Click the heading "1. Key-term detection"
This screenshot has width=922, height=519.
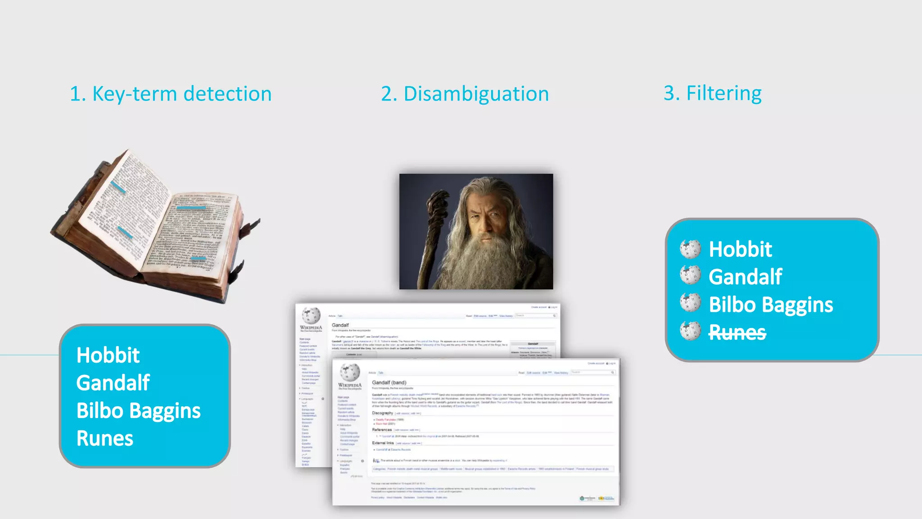pyautogui.click(x=171, y=94)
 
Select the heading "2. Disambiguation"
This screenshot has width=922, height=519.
pyautogui.click(x=465, y=94)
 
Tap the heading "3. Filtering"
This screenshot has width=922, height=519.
pyautogui.click(x=712, y=93)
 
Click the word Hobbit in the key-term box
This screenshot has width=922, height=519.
pyautogui.click(x=108, y=355)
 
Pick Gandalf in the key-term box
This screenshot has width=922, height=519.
pyautogui.click(x=113, y=383)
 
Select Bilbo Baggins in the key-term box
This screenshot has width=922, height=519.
pyautogui.click(x=139, y=411)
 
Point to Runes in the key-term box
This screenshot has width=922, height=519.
pyautogui.click(x=105, y=438)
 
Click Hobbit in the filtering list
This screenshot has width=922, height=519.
pyautogui.click(x=741, y=249)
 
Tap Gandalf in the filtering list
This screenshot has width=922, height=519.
pyautogui.click(x=746, y=277)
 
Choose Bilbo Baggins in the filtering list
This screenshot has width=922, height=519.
pyautogui.click(x=771, y=305)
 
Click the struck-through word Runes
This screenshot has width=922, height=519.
pyautogui.click(x=737, y=332)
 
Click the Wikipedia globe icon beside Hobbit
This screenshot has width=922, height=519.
pyautogui.click(x=690, y=249)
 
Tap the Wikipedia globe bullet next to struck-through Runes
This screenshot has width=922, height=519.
pyautogui.click(x=690, y=331)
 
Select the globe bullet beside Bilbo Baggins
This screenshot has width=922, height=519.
pyautogui.click(x=690, y=303)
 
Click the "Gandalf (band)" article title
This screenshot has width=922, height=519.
pyautogui.click(x=389, y=382)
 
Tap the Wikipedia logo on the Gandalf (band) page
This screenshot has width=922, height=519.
pyautogui.click(x=350, y=373)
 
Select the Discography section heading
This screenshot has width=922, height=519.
pyautogui.click(x=382, y=413)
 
